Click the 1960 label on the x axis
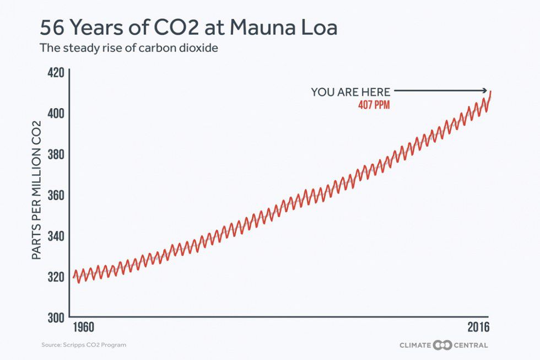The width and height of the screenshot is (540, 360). coord(83,327)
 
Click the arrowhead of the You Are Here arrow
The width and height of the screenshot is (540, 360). coord(487,91)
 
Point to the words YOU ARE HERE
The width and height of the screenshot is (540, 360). coord(350,92)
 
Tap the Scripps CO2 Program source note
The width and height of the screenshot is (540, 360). coord(84,345)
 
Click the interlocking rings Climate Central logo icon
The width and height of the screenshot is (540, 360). coord(442,345)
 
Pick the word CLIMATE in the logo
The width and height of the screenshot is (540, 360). coord(416,345)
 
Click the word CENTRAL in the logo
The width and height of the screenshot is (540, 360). coord(470,345)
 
